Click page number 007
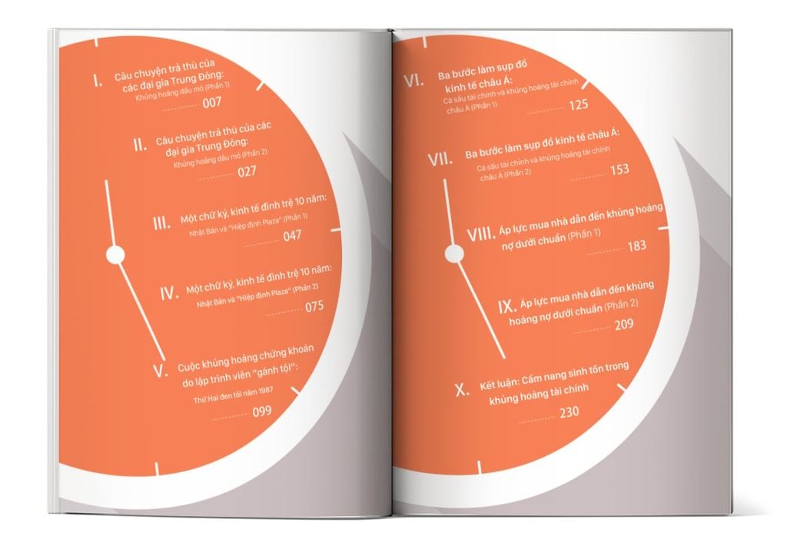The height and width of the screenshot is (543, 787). click(x=212, y=103)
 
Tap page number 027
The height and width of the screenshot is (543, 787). click(x=247, y=172)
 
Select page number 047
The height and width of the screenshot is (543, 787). click(x=292, y=235)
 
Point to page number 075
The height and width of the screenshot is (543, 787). click(x=314, y=306)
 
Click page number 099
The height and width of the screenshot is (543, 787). click(x=262, y=412)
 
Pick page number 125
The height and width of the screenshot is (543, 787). click(x=578, y=105)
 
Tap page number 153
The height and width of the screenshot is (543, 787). click(x=620, y=170)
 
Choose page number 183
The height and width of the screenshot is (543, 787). click(x=636, y=245)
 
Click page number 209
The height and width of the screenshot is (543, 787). click(x=624, y=325)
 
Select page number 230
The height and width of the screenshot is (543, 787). click(x=569, y=412)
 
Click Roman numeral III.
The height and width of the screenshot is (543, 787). click(x=161, y=223)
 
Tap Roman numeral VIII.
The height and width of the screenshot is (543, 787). click(x=480, y=235)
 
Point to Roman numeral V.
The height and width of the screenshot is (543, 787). click(x=161, y=371)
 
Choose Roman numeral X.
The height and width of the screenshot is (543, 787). click(x=462, y=389)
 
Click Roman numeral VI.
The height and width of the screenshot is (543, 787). click(x=413, y=80)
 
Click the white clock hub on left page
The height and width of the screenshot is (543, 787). click(x=115, y=255)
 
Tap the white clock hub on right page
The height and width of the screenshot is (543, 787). click(x=454, y=254)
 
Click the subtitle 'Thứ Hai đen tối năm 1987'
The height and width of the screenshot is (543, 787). click(x=234, y=395)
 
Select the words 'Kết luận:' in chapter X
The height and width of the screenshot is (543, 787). click(x=498, y=384)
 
